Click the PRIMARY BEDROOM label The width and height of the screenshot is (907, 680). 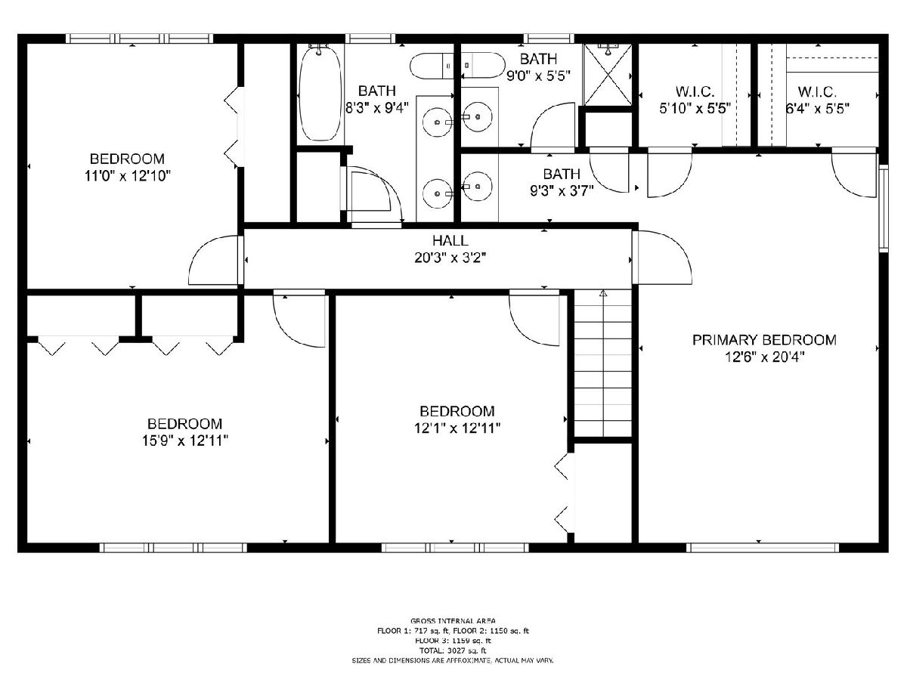[764, 340]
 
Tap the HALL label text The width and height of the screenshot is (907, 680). [450, 241]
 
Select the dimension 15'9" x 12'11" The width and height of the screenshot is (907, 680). [184, 441]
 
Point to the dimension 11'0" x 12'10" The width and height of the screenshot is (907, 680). [127, 176]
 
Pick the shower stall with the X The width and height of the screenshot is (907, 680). [607, 75]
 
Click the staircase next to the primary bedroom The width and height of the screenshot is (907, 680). [603, 363]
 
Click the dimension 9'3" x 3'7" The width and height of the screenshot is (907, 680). [562, 190]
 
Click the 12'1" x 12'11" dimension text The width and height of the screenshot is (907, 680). [457, 428]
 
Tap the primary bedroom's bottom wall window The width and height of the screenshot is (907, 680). [763, 548]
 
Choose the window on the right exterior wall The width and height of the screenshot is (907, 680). [884, 208]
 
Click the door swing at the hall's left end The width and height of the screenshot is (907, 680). [215, 260]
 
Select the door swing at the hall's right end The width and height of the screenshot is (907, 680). [661, 257]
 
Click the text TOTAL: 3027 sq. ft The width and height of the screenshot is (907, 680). [453, 651]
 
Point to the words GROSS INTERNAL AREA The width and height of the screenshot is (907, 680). [453, 621]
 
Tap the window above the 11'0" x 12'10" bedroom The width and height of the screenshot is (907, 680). [139, 39]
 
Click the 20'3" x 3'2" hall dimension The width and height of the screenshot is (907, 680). [450, 258]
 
